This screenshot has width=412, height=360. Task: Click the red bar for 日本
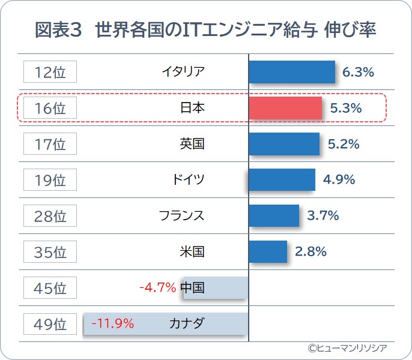coord(285,108)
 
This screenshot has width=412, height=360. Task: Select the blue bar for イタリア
coord(292,72)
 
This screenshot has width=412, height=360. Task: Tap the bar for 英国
coord(284,144)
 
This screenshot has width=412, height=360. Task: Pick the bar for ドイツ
coord(282,179)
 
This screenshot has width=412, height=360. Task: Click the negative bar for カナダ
coord(165,323)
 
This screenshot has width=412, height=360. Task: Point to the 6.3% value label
coord(358,72)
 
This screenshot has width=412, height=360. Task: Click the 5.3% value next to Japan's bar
coord(346,108)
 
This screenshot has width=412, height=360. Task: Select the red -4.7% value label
coord(157,287)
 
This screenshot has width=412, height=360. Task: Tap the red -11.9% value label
coord(112,323)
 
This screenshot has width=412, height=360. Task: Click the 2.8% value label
coord(311,251)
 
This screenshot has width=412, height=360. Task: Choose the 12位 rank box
coord(50,72)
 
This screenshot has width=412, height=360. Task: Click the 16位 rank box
coord(50,108)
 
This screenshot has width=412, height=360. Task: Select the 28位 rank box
coord(50,216)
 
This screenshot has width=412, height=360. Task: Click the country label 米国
coord(192,251)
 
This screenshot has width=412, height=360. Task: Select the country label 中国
coord(192,287)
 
